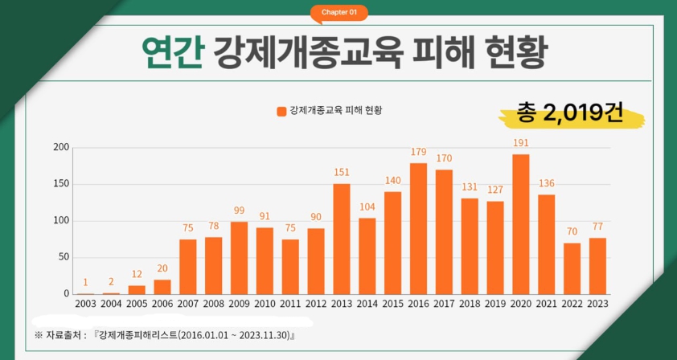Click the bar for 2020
click(520, 224)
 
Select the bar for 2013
click(342, 239)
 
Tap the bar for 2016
click(418, 228)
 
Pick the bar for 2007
click(188, 267)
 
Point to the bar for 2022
click(572, 268)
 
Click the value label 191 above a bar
click(520, 143)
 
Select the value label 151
click(342, 172)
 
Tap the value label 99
click(240, 211)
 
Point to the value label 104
click(367, 207)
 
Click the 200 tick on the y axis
click(61, 148)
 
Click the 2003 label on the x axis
click(86, 304)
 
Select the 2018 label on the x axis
click(470, 304)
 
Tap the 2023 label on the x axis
click(597, 304)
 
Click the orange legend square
click(281, 111)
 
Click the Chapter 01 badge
click(338, 12)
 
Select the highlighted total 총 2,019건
click(570, 114)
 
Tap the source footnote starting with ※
click(164, 335)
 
